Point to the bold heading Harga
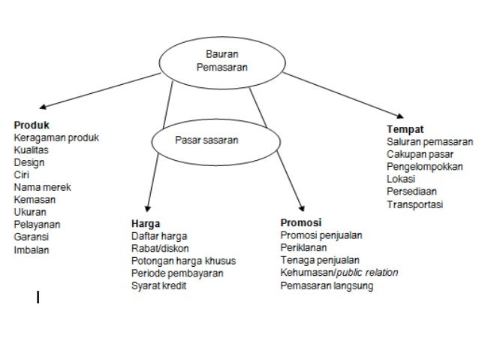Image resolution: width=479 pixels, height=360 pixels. (x=145, y=223)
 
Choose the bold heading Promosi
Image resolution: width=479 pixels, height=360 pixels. (x=300, y=223)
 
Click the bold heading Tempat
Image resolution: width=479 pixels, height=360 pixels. (x=405, y=129)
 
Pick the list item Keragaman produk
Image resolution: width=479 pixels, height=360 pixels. (x=56, y=138)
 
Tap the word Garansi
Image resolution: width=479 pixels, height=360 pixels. (x=32, y=236)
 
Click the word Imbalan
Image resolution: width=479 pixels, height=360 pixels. (x=32, y=249)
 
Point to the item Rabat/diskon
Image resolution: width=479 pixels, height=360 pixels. (x=160, y=248)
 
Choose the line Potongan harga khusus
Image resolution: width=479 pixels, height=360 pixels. (x=183, y=261)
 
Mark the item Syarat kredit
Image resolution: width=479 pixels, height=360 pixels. (x=158, y=286)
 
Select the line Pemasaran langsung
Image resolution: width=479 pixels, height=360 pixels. (x=326, y=286)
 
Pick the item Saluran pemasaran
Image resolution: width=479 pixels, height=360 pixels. (x=429, y=141)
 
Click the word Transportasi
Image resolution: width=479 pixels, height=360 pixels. (x=414, y=204)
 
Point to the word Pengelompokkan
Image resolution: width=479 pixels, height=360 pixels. (x=424, y=166)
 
